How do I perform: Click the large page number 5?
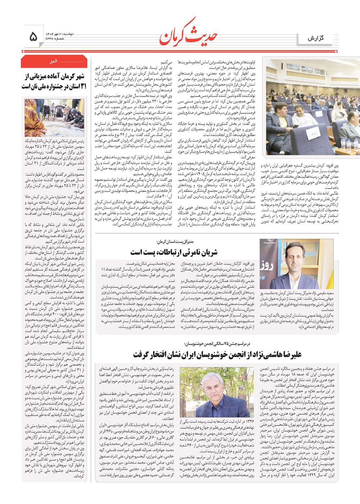coord(33,36)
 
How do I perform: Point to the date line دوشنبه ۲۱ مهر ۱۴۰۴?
coord(59,33)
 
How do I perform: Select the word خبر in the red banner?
coord(54,62)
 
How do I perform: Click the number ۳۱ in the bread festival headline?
coord(82,86)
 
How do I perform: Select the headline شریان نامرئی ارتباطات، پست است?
coord(174,252)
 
